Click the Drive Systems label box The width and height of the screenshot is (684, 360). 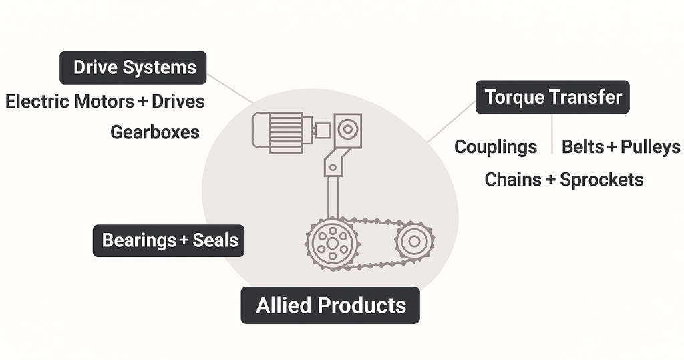[x=134, y=68]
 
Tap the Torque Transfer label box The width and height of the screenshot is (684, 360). [x=552, y=98]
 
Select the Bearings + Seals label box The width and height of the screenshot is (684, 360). [x=169, y=240]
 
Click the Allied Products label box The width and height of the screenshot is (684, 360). [x=331, y=305]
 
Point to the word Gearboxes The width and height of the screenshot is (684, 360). [x=155, y=132]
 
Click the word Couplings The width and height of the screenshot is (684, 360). [x=496, y=147]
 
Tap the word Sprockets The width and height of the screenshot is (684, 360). [x=602, y=179]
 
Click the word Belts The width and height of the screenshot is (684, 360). [x=582, y=147]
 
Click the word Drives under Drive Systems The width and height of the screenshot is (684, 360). [x=178, y=102]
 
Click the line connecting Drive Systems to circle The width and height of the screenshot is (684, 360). [x=230, y=89]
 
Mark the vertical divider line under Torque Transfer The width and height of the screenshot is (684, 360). [x=552, y=134]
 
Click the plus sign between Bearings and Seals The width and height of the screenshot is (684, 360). [x=184, y=240]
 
